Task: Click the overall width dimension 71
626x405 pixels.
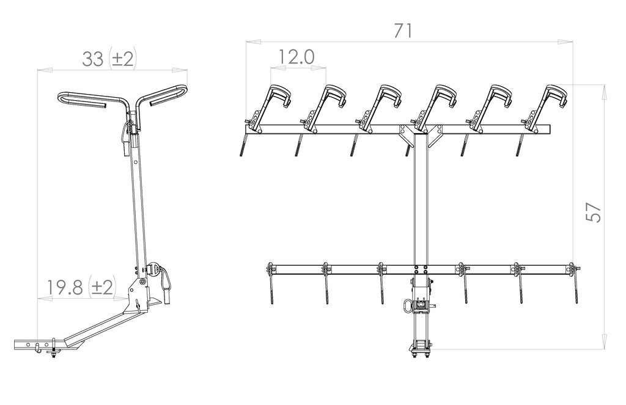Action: tap(403, 31)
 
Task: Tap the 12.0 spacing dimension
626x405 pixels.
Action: tap(296, 57)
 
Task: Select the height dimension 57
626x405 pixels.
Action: tap(593, 212)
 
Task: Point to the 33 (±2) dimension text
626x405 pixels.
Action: tap(109, 59)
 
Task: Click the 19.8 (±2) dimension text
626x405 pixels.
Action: tap(81, 286)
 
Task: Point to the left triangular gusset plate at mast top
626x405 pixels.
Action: tap(407, 135)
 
